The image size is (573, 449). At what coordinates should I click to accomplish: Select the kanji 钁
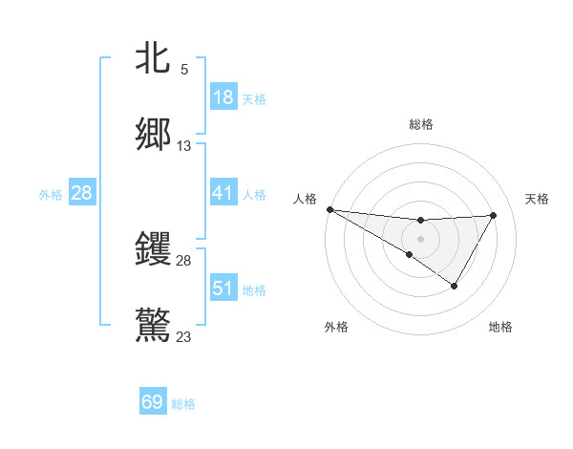click(x=153, y=248)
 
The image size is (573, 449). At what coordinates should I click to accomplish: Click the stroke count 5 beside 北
click(x=184, y=70)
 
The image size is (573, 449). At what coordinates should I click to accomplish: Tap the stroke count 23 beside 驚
click(x=184, y=336)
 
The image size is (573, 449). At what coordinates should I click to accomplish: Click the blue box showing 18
click(x=223, y=97)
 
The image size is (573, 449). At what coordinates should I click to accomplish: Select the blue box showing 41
click(x=223, y=194)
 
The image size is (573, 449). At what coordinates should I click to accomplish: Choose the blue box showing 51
click(x=223, y=289)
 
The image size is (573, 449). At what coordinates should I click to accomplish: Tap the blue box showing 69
click(x=153, y=402)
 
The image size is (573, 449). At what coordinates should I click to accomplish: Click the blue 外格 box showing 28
click(x=82, y=194)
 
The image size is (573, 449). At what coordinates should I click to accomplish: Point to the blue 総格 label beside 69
click(x=183, y=404)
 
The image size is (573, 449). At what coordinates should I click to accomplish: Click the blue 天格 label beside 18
click(x=254, y=99)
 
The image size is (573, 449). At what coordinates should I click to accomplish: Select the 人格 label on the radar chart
click(x=306, y=199)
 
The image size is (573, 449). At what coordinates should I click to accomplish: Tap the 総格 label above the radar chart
click(x=421, y=124)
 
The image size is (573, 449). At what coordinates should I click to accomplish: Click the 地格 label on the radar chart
click(x=500, y=327)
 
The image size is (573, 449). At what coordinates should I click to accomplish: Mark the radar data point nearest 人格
click(x=329, y=208)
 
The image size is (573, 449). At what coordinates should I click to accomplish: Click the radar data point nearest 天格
click(x=494, y=215)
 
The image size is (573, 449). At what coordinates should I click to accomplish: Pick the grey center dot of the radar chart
click(x=420, y=238)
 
